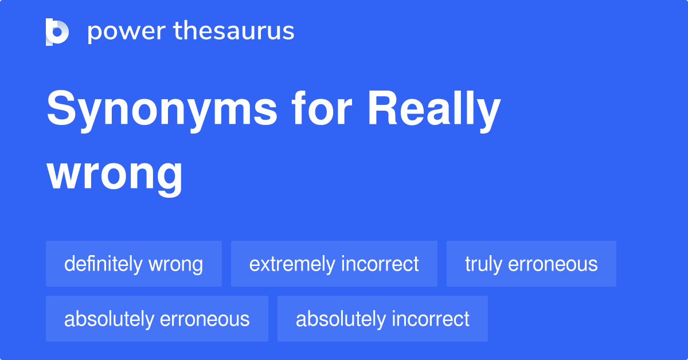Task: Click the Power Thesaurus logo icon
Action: click(x=57, y=32)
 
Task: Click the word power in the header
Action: click(x=127, y=32)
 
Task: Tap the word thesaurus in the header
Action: click(x=234, y=30)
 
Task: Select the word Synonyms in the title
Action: click(x=162, y=109)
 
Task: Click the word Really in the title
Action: click(x=435, y=109)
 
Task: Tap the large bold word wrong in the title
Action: click(x=115, y=175)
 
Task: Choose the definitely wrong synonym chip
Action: click(x=134, y=264)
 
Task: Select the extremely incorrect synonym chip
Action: click(x=334, y=264)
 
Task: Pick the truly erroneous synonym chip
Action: click(x=531, y=264)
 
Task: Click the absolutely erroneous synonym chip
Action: click(x=157, y=319)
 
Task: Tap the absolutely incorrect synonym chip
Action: click(x=382, y=319)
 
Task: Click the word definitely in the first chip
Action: click(x=103, y=264)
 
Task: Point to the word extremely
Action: click(x=292, y=264)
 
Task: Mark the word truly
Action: click(x=483, y=264)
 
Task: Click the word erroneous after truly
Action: click(x=553, y=264)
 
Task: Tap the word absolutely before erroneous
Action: click(x=109, y=319)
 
